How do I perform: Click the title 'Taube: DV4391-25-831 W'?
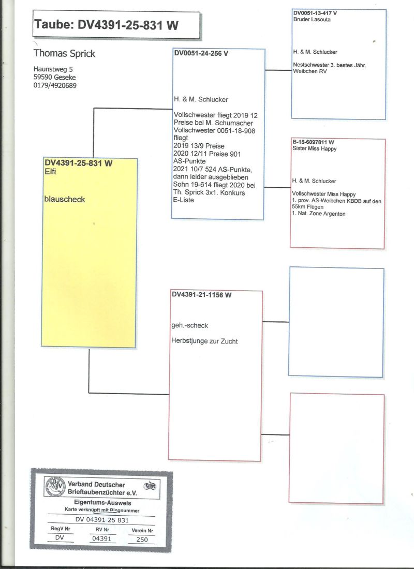click(x=107, y=25)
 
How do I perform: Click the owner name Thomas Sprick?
click(x=65, y=54)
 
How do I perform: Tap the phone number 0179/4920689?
click(x=55, y=85)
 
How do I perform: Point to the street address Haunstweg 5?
click(x=53, y=69)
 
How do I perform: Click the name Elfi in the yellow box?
click(x=51, y=173)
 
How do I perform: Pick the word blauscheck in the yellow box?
click(x=65, y=198)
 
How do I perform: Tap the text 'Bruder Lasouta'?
click(x=312, y=19)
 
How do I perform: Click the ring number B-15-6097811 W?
click(x=313, y=142)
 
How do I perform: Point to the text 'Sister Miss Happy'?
click(x=315, y=148)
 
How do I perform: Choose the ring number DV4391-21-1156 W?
click(x=201, y=294)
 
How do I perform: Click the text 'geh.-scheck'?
click(x=189, y=325)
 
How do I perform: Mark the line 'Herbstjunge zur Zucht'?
click(x=204, y=341)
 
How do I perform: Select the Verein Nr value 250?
click(x=142, y=539)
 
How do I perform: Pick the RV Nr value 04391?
click(x=101, y=538)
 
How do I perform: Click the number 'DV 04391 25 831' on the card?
click(x=102, y=520)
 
